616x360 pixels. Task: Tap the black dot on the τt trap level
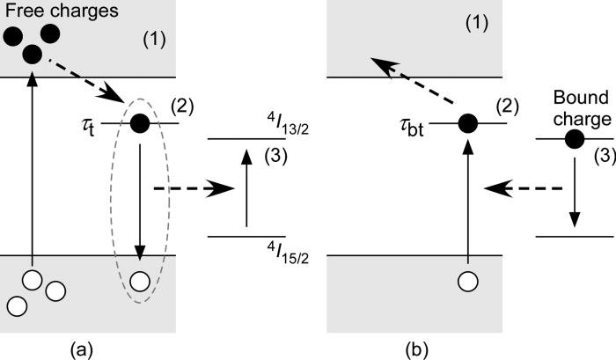click(x=139, y=123)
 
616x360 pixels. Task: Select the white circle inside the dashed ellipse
click(x=139, y=282)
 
